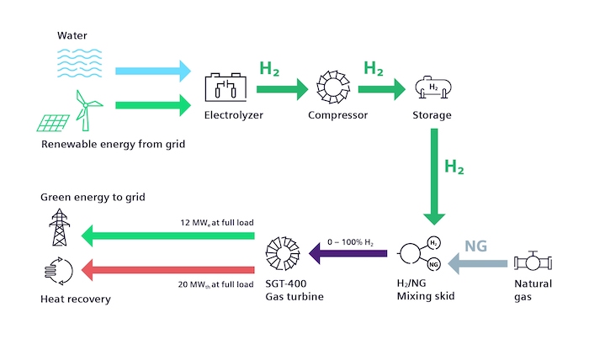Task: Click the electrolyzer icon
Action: tap(225, 87)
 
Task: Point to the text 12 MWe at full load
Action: tap(218, 222)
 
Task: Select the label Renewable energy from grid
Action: tap(113, 144)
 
